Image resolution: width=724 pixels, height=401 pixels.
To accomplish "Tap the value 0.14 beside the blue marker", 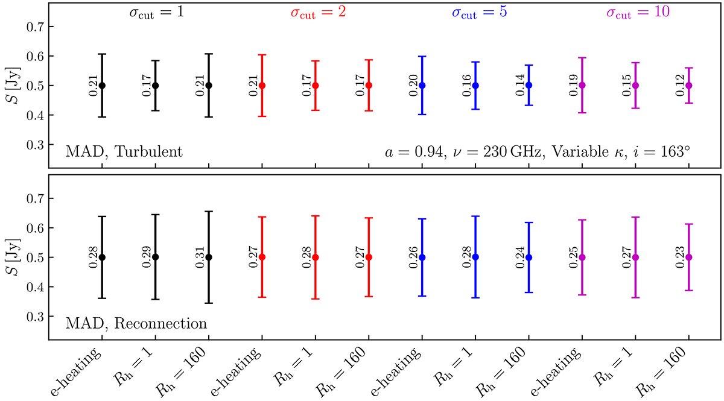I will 518,85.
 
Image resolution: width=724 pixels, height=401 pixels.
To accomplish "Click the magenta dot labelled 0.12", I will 689,85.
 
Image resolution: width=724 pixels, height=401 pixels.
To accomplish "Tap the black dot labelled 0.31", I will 209,257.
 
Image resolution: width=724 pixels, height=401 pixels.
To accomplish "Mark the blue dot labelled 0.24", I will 529,257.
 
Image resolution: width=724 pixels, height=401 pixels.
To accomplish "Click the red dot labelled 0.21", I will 262,85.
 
